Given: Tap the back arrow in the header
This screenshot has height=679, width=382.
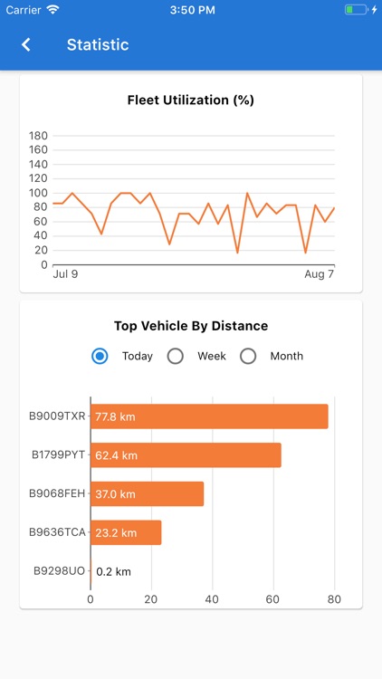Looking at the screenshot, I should point(26,44).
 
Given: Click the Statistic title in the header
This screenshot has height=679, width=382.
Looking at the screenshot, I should point(98,44).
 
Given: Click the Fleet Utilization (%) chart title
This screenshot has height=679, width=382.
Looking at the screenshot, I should point(191,100).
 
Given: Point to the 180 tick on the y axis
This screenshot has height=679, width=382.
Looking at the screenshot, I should point(38,136).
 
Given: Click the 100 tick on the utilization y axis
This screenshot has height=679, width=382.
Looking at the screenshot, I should point(38,193).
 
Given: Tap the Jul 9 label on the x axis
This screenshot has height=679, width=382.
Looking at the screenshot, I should point(65,274).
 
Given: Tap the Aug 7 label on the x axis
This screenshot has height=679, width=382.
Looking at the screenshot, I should point(319,274).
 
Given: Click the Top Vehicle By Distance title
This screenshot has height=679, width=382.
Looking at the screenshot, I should point(191,326).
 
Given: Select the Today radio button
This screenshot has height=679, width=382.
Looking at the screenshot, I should point(100,356).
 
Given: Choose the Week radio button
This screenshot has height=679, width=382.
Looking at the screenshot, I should point(176,356).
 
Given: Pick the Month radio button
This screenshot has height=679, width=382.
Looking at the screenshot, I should point(248,356).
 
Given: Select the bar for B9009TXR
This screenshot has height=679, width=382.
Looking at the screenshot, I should point(209,416).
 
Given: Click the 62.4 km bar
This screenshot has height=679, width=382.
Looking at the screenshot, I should point(186,455).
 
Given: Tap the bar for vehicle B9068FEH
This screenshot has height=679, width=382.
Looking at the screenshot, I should point(147,494).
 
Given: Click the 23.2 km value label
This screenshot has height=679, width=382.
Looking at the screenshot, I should point(116,533).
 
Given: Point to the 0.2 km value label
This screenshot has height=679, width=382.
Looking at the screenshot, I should point(114,571).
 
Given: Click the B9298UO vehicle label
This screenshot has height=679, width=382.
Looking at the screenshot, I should point(59,571).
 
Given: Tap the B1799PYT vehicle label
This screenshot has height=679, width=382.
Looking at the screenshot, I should point(58,455).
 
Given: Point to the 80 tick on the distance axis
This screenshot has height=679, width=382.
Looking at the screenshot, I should point(334,599).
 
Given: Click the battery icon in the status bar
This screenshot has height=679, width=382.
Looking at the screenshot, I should point(355,10).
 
